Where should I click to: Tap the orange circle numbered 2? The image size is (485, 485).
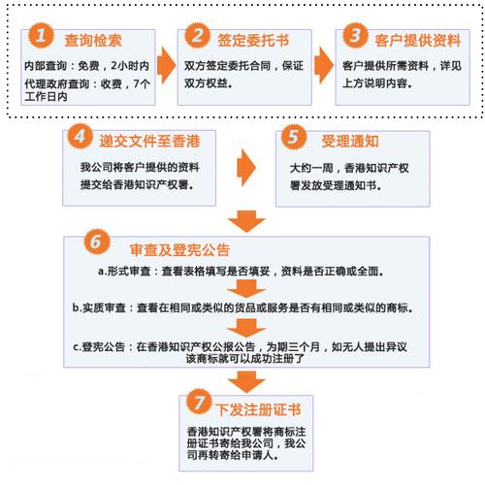[x=198, y=37]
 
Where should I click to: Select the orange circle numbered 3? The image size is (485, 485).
[x=355, y=37]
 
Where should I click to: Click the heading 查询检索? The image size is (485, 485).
[x=92, y=40]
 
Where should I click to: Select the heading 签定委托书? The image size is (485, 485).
[x=251, y=40]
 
